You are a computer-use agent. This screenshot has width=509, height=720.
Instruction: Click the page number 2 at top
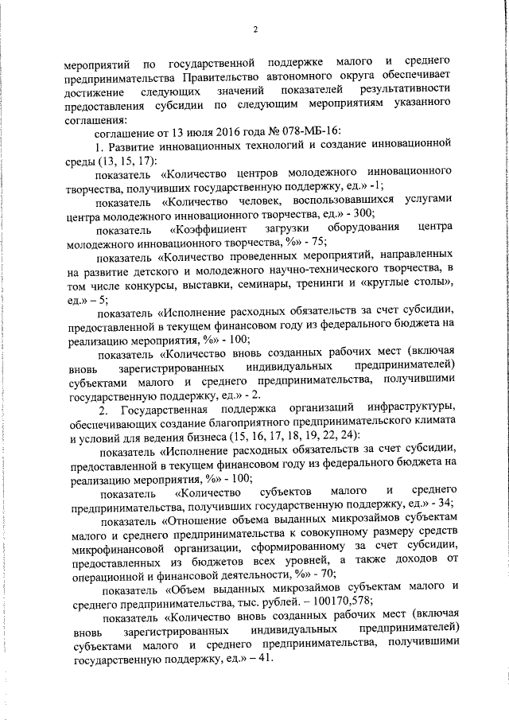click(255, 29)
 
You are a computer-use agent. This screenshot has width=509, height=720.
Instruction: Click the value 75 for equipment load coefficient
click(212, 243)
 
